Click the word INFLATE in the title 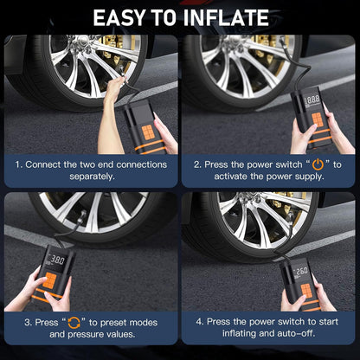226,18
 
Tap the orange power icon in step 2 318,164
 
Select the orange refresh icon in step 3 74,323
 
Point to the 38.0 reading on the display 57,260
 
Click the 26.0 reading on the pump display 301,271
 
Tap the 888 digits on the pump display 313,100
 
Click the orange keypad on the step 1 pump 148,132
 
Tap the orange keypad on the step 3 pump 50,280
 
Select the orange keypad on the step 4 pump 306,291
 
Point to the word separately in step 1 92,177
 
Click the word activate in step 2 231,177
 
